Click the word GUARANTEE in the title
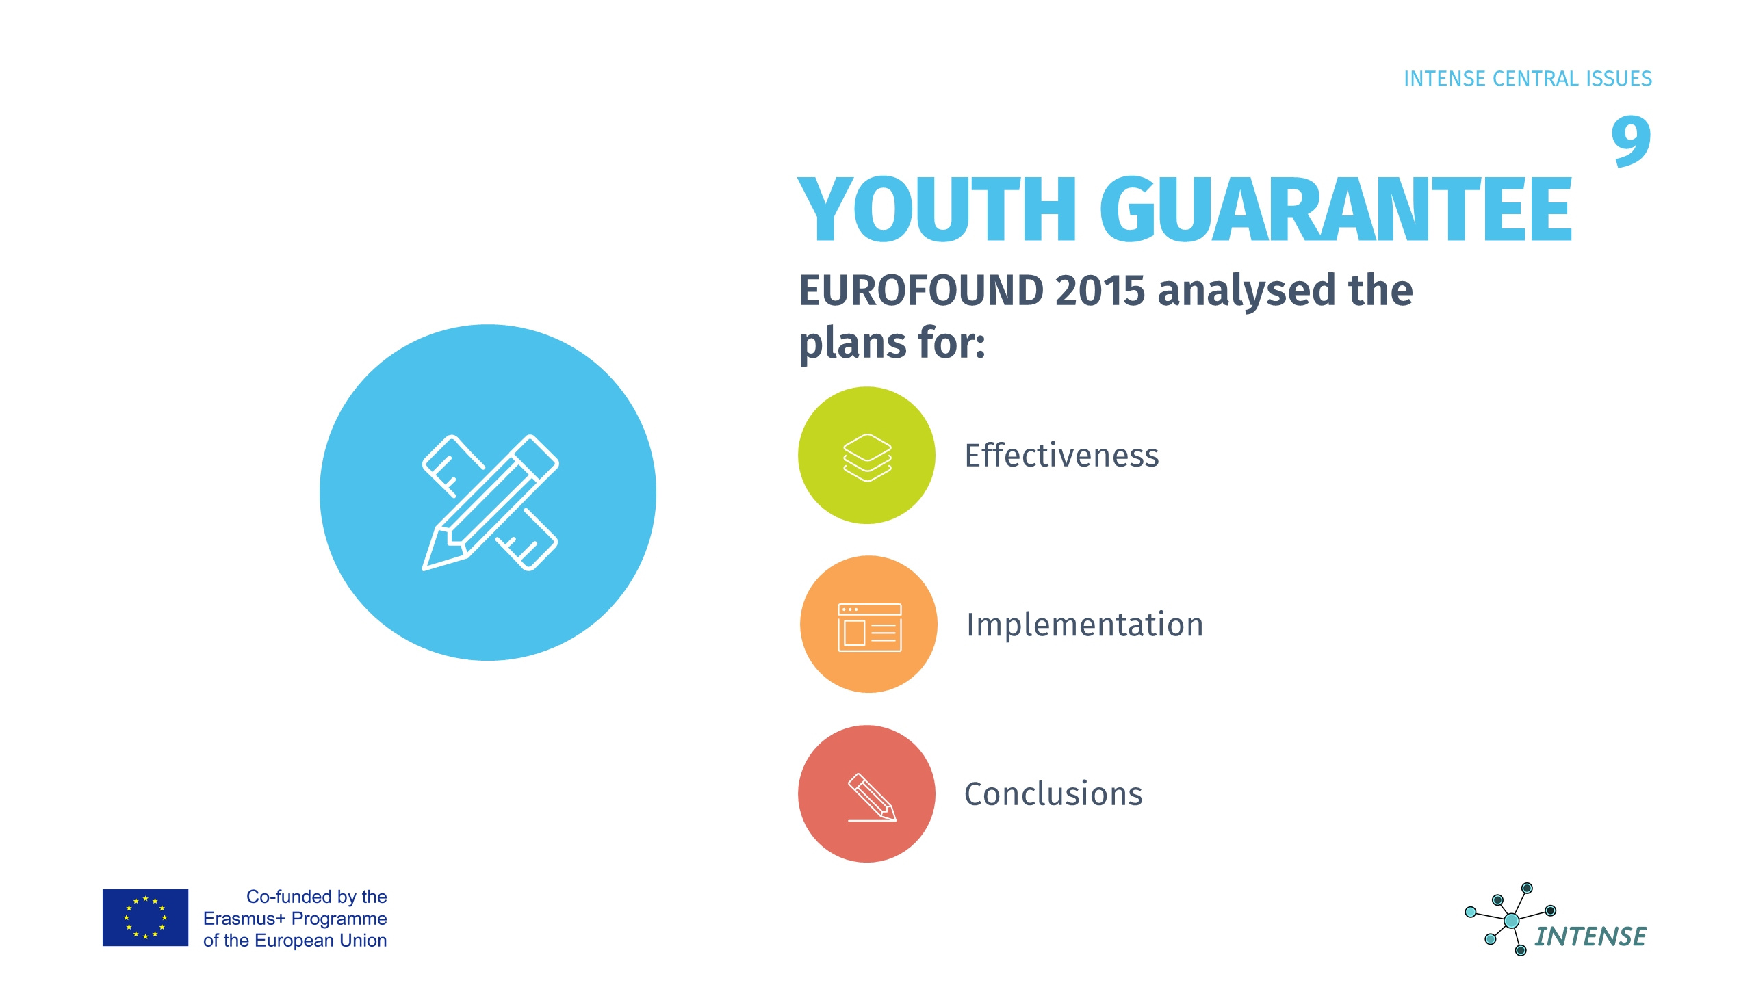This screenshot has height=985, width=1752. coord(1336,209)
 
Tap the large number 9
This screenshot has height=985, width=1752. coord(1631,141)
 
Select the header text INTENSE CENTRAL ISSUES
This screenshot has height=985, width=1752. coord(1528,79)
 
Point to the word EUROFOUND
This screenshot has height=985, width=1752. coord(921,290)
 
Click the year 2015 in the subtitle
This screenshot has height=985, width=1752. coord(1100,290)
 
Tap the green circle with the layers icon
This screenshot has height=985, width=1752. coord(866,456)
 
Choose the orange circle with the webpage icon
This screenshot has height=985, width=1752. coord(868,625)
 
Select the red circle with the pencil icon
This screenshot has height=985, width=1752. coord(866,793)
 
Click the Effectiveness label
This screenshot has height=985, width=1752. coord(1061,455)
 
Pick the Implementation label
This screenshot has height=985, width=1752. coord(1085,625)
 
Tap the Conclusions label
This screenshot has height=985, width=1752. coord(1053,794)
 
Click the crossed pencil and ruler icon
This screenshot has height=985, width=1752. coord(490,502)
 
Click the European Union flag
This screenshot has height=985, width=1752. coord(145,918)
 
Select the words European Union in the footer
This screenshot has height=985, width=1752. coord(320,941)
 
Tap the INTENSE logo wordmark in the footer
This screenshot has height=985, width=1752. coord(1590,936)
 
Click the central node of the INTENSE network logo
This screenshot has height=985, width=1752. coord(1512,921)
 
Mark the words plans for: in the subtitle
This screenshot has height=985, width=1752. coord(892,343)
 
